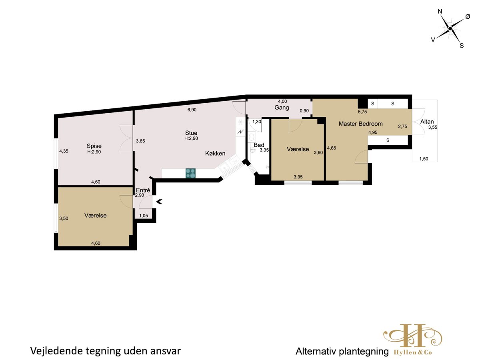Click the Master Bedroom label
(360, 124)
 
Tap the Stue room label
(191, 133)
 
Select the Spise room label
(94, 146)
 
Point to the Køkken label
(215, 154)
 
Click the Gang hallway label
(282, 108)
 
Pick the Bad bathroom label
(259, 145)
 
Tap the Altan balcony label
(427, 122)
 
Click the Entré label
(143, 190)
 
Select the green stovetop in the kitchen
(190, 173)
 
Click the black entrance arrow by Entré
(160, 202)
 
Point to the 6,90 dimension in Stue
(192, 110)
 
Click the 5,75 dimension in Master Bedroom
(362, 112)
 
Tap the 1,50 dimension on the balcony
(424, 159)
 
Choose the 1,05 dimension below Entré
(144, 216)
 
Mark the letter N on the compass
(440, 11)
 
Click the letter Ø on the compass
(468, 17)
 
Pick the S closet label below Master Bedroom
(388, 140)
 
